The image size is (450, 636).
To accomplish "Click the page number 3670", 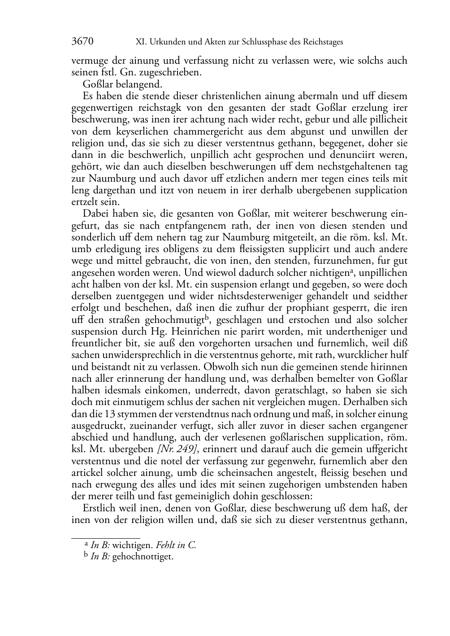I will [x=82, y=42].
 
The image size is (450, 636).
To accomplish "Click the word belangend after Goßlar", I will [x=137, y=84].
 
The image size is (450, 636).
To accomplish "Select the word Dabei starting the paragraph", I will [x=95, y=213].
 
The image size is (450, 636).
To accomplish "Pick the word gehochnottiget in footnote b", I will [x=143, y=557].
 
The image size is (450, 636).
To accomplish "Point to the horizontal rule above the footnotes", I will [x=106, y=537].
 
